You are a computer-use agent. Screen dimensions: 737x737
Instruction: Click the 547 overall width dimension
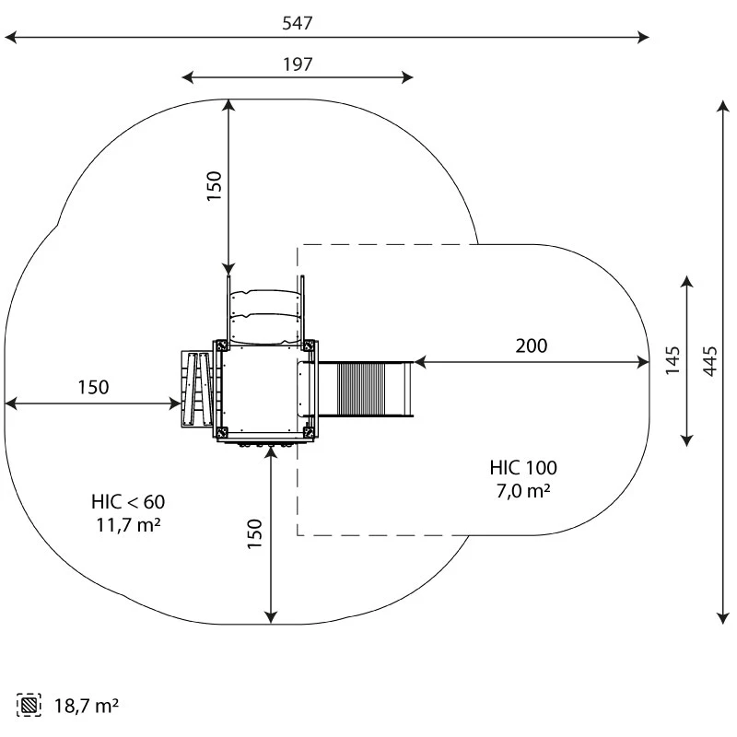(x=297, y=23)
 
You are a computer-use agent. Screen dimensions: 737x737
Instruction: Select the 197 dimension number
(x=298, y=64)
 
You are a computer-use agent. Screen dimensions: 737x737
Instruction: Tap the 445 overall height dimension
(x=709, y=361)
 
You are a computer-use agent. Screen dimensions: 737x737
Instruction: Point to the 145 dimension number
(x=673, y=360)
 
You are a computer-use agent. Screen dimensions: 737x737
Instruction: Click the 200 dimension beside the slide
(x=532, y=346)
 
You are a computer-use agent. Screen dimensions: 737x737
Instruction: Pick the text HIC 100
(x=523, y=468)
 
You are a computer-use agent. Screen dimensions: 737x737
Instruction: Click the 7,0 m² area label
(x=523, y=491)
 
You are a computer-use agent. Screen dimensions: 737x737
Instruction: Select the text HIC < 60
(x=128, y=502)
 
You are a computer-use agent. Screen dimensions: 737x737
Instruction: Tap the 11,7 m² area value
(x=128, y=525)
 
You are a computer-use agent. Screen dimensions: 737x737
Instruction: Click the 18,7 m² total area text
(x=87, y=706)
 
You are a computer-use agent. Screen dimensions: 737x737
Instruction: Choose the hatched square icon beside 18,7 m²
(x=29, y=705)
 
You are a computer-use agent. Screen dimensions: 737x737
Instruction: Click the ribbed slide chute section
(x=361, y=389)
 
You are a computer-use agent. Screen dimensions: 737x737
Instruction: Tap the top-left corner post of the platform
(x=221, y=346)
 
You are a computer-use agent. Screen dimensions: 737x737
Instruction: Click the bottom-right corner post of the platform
(x=309, y=432)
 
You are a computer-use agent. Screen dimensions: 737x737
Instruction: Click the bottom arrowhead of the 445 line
(x=723, y=618)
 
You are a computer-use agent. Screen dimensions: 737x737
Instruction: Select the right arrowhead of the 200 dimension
(x=643, y=362)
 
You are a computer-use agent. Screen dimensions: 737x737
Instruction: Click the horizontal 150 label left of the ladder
(x=93, y=387)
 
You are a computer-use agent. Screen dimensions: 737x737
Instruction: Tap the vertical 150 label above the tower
(x=214, y=186)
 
